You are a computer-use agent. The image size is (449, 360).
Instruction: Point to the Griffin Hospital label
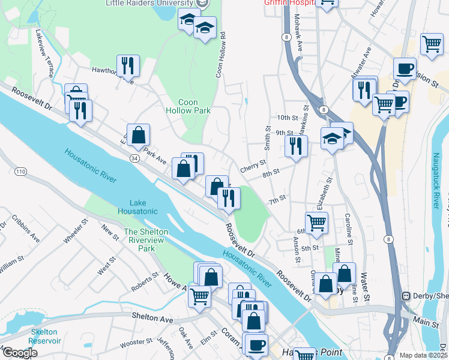[x=290, y=3]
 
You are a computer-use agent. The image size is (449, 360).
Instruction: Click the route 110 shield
[x=21, y=172]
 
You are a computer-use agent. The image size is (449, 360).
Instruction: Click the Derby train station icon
[x=406, y=296]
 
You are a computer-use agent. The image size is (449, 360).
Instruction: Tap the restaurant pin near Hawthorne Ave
[x=128, y=65]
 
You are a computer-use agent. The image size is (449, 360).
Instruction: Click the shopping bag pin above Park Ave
[x=138, y=136]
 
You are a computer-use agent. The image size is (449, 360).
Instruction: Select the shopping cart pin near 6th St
[x=316, y=223]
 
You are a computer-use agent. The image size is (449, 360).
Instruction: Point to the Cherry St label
[x=253, y=164]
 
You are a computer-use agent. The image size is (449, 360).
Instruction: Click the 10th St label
[x=287, y=118]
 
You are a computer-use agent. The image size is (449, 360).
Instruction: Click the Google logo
[x=20, y=353]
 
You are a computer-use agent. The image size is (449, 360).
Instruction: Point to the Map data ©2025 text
[x=423, y=355]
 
